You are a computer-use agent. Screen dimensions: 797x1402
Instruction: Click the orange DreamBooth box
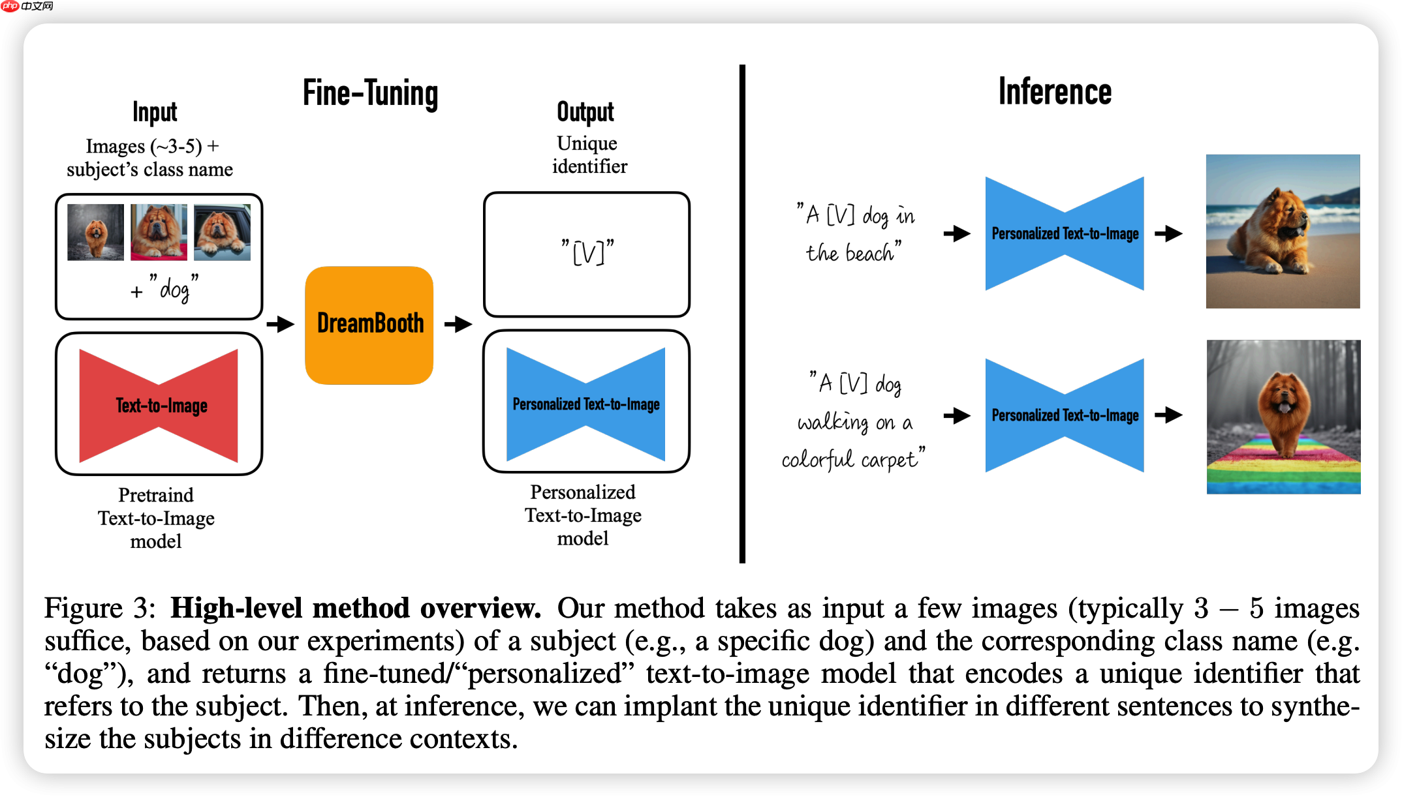(369, 325)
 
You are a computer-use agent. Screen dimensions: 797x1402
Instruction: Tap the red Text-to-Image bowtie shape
(159, 406)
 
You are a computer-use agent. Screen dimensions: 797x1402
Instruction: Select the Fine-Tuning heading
(370, 93)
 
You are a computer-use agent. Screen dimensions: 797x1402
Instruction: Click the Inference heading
(1055, 91)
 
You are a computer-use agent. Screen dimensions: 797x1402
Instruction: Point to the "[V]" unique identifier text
(587, 252)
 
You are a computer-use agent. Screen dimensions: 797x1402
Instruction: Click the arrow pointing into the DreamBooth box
(281, 323)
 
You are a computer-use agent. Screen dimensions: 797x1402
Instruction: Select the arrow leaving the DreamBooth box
(458, 323)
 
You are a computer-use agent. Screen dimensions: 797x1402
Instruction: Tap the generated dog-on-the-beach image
(1283, 232)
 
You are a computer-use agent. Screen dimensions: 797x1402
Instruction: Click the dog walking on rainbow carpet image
(1283, 417)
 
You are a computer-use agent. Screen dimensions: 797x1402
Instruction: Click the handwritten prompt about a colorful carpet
(854, 421)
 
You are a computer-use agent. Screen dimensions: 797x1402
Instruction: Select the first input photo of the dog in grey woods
(95, 232)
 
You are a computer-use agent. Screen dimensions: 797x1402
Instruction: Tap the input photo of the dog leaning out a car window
(222, 232)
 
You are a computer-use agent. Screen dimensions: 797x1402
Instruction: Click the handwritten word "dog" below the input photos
(174, 289)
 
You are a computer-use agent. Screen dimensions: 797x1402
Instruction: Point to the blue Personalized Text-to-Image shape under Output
(586, 404)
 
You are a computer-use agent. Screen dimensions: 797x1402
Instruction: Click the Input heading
(155, 112)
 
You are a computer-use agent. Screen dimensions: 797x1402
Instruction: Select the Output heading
(585, 112)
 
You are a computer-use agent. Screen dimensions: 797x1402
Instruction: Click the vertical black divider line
(742, 313)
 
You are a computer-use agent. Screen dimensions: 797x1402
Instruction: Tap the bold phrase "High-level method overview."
(356, 608)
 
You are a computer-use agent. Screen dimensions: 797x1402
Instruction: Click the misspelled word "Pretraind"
(156, 495)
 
